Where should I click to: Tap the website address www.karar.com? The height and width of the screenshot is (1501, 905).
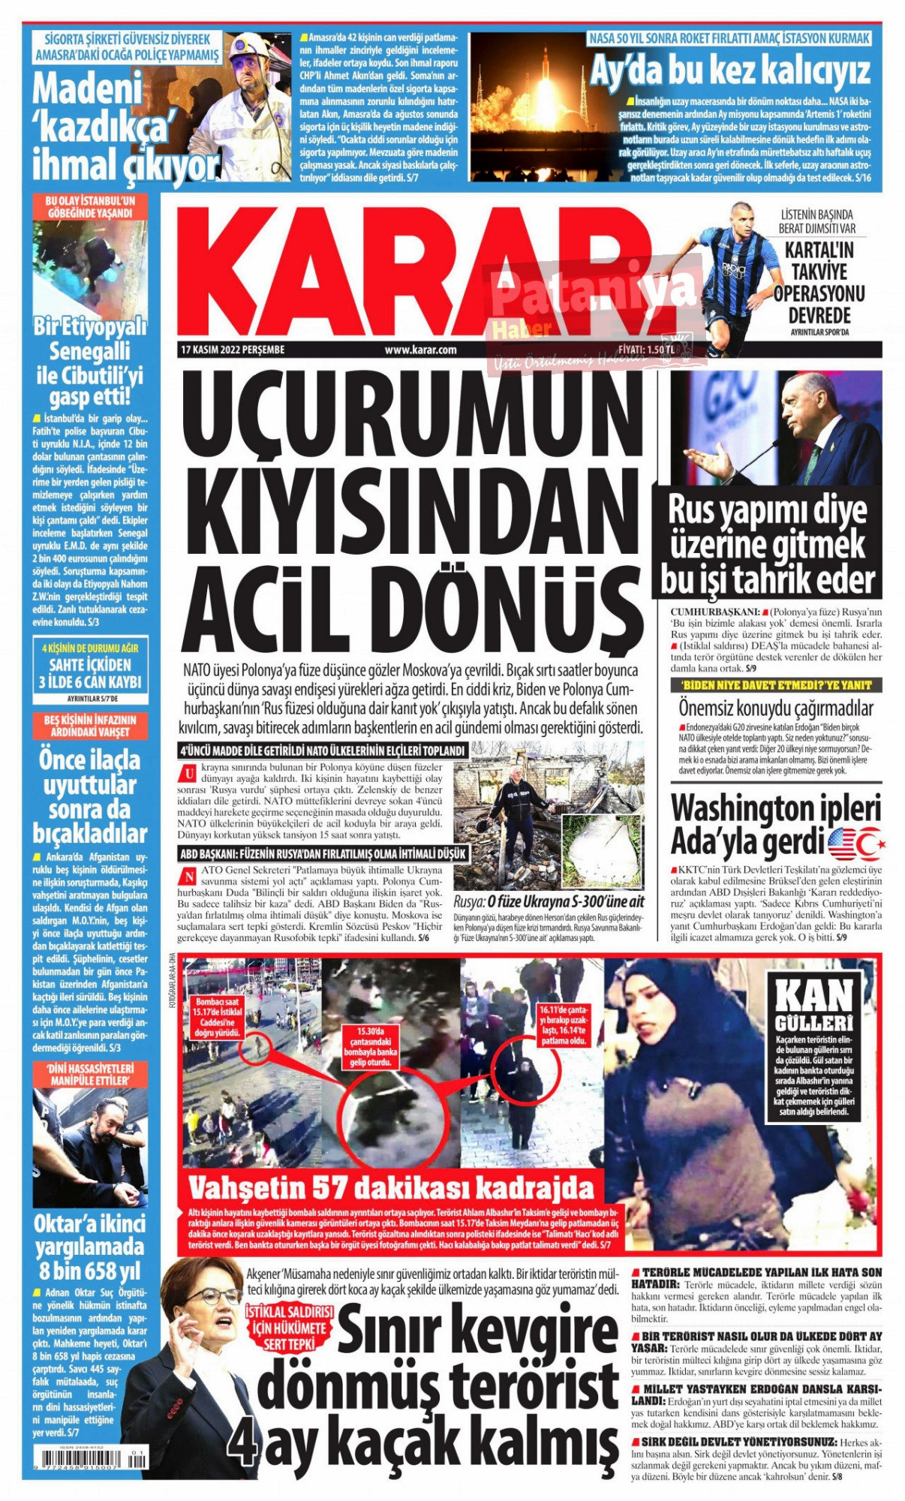tap(420, 350)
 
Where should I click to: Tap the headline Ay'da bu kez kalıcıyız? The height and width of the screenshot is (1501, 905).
tap(729, 71)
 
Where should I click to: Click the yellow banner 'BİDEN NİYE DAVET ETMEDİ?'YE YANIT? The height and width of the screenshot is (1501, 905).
tap(776, 685)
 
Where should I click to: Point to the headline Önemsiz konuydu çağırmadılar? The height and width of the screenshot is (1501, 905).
tap(776, 708)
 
